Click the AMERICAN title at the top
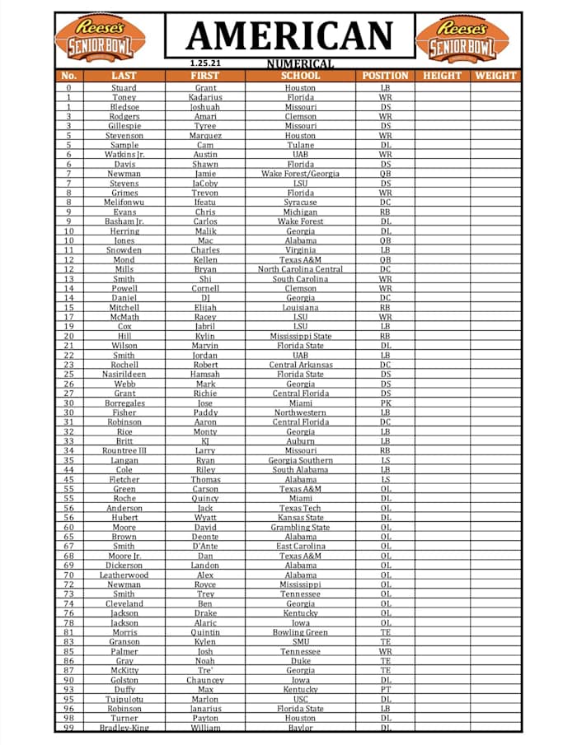pyautogui.click(x=289, y=35)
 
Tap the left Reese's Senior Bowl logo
pyautogui.click(x=100, y=38)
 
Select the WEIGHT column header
pyautogui.click(x=495, y=76)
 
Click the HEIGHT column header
pyautogui.click(x=442, y=76)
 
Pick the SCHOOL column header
pyautogui.click(x=300, y=76)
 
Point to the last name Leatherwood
pyautogui.click(x=124, y=575)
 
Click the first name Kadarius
pyautogui.click(x=205, y=98)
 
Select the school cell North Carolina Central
pyautogui.click(x=300, y=269)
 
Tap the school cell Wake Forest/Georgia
pyautogui.click(x=300, y=174)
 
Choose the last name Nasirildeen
pyautogui.click(x=124, y=375)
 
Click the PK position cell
pyautogui.click(x=385, y=403)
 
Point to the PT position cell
pyautogui.click(x=385, y=690)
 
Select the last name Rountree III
pyautogui.click(x=124, y=451)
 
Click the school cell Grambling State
pyautogui.click(x=300, y=528)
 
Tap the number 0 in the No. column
pyautogui.click(x=68, y=88)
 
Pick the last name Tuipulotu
pyautogui.click(x=124, y=699)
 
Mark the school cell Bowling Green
pyautogui.click(x=300, y=632)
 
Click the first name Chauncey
pyautogui.click(x=205, y=680)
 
